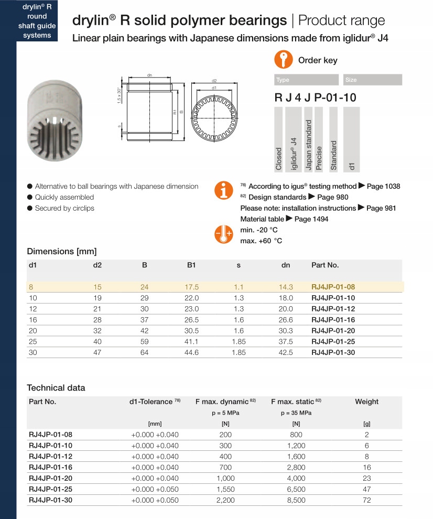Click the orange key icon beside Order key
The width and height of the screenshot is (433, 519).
click(283, 60)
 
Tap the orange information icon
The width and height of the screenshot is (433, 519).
click(224, 191)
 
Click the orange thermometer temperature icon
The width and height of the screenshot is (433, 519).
click(224, 234)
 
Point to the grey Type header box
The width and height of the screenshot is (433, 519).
click(307, 80)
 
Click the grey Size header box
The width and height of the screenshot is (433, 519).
click(373, 80)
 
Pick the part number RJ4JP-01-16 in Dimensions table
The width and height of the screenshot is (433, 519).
click(333, 320)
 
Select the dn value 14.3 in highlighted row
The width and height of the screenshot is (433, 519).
click(286, 287)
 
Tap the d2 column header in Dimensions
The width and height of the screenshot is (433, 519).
click(98, 265)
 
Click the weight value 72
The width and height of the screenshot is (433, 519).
click(366, 500)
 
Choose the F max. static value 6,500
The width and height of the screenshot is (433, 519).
click(296, 489)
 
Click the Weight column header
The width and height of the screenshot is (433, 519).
click(366, 402)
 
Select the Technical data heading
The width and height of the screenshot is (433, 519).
click(56, 388)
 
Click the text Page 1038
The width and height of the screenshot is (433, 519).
click(383, 187)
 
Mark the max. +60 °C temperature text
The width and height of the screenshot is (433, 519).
click(261, 241)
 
